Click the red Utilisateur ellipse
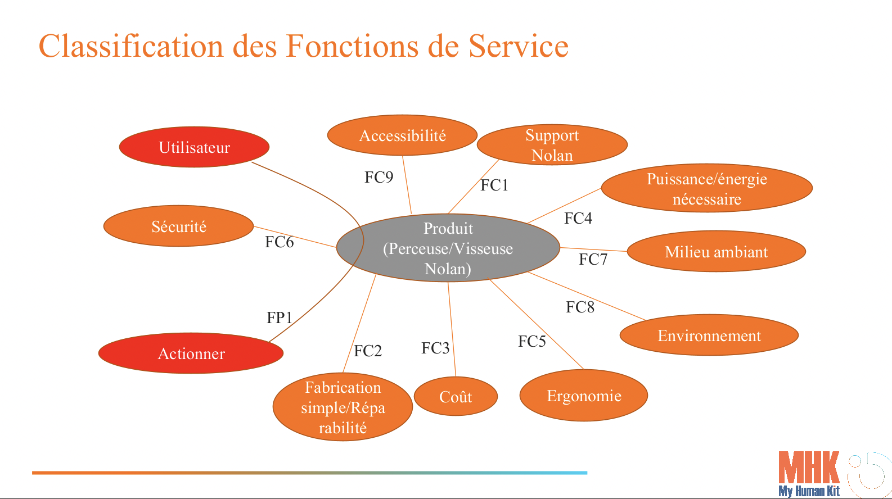(194, 147)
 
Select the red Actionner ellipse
(191, 353)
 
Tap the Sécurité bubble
(179, 226)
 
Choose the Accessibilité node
(402, 135)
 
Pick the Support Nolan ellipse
(552, 145)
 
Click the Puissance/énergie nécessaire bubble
(706, 188)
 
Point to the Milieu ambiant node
(716, 252)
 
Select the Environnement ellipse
(709, 335)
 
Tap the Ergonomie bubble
(584, 396)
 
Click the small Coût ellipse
(456, 397)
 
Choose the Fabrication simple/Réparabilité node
(343, 407)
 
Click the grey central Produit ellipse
(448, 248)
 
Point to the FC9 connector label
(379, 178)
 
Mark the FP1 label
(280, 318)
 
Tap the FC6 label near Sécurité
(280, 242)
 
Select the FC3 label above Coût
(435, 348)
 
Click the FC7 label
(593, 260)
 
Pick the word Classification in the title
(131, 46)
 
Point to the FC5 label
(532, 342)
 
